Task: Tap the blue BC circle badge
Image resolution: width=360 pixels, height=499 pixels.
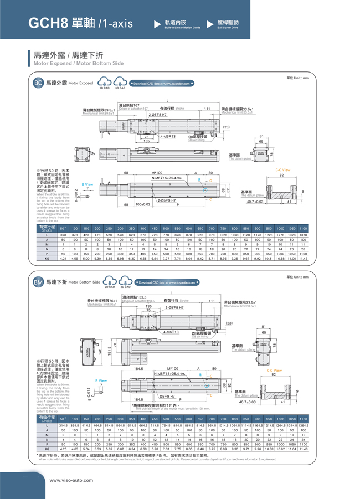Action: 38,83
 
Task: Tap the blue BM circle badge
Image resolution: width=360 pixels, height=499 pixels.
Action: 38,282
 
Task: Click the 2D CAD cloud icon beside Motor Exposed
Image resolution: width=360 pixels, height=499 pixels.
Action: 104,83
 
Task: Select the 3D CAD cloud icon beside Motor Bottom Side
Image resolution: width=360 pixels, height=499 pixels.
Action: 125,282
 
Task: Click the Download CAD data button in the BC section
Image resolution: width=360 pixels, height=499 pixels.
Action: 162,84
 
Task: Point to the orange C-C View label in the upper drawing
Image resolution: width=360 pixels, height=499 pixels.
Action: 282,170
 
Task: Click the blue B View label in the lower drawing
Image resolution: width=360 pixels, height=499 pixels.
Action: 101,381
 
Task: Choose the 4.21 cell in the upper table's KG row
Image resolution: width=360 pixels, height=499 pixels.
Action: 63,259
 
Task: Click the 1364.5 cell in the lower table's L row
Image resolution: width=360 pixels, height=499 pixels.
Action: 303,425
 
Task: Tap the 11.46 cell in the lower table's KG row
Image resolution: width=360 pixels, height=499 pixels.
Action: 303,449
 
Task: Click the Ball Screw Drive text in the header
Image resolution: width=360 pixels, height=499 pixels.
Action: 228,27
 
